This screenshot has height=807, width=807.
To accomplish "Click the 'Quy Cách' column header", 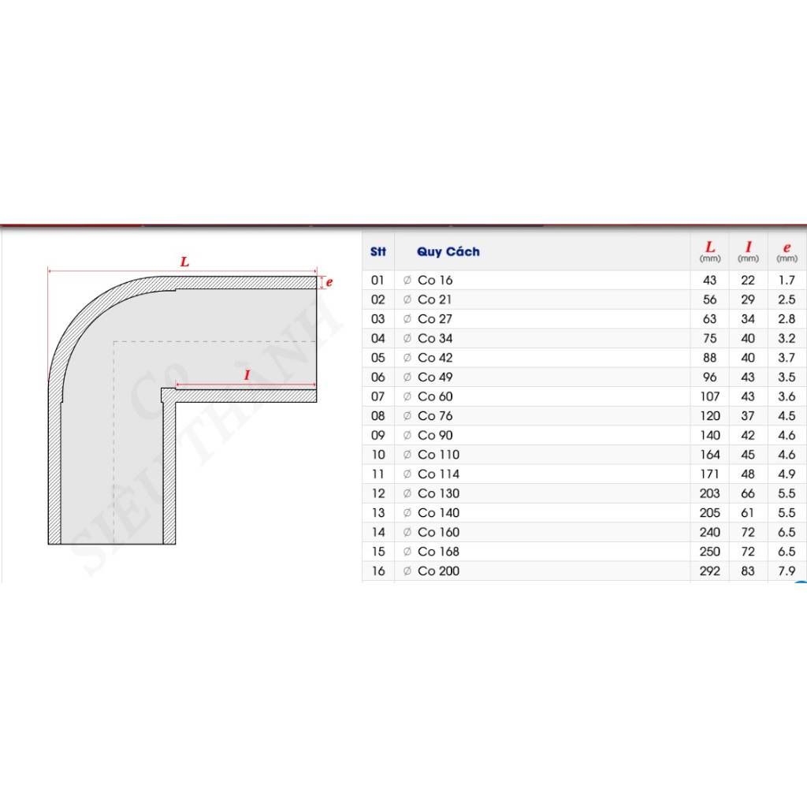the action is point(448,251).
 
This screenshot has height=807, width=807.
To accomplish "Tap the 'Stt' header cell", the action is point(377,251).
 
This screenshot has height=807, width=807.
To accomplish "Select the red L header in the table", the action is point(710,247).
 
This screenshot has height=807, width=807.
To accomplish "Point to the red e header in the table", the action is point(787,248).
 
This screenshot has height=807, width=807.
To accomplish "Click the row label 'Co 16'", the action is point(435,280).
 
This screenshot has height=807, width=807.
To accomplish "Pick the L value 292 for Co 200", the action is point(710,571).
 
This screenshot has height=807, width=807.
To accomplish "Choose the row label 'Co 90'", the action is point(435,435).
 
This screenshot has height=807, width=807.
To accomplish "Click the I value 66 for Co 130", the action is point(748,493).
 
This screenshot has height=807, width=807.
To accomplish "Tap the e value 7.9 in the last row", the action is point(787,571).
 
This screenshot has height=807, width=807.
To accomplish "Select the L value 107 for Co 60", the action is point(710,396).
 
